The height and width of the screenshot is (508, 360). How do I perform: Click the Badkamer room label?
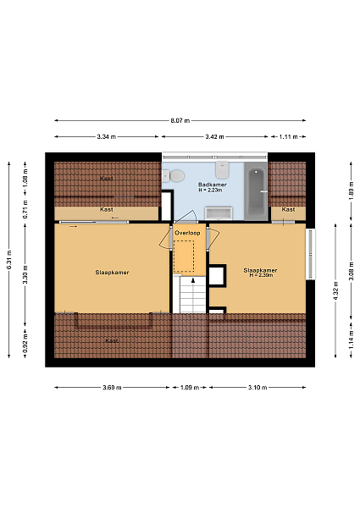point(213,185)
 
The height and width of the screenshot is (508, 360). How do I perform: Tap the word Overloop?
point(187,233)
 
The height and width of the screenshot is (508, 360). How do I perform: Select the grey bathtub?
point(256,192)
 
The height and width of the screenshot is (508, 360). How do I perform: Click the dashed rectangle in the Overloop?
point(184,256)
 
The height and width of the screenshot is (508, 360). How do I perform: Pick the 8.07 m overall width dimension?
point(180,121)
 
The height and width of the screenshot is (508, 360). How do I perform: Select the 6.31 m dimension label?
point(9,260)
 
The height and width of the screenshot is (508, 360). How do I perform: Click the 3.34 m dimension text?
point(106,136)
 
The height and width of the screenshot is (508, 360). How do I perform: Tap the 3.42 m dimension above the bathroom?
point(214,136)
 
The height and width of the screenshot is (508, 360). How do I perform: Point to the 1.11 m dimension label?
point(288,136)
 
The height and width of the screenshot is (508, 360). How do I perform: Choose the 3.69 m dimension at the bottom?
point(112,388)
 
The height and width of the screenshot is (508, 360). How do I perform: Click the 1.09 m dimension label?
point(190,388)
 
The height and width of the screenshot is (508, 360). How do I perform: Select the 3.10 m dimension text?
point(258,388)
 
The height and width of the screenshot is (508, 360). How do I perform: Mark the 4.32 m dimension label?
point(335,290)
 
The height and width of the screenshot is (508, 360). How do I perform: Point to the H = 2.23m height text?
point(210,190)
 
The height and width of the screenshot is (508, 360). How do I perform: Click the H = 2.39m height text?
point(261,275)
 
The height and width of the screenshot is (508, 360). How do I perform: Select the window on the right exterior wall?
point(311,254)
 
